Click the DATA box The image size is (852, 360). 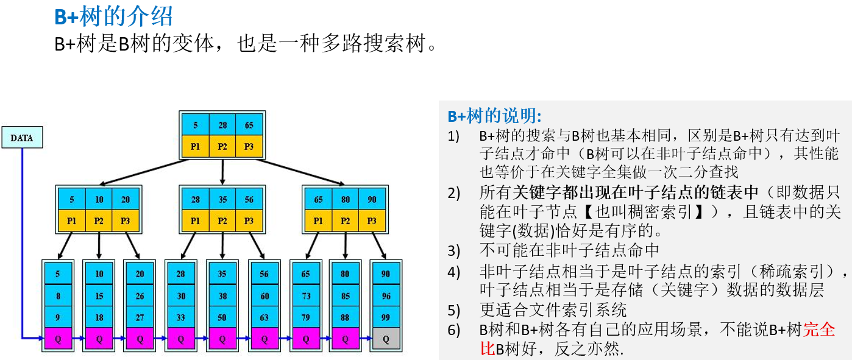22,138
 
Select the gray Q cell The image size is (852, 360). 385,339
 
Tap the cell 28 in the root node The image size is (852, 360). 223,125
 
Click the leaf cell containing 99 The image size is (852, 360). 385,317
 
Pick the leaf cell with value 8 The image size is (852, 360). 58,296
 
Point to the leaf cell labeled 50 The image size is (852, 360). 222,317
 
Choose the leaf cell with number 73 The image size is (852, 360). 305,296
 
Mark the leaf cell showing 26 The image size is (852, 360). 140,296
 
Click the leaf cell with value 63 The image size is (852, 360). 264,317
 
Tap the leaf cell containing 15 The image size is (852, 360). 99,296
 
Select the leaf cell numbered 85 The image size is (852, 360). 346,296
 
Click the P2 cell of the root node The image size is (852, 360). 223,146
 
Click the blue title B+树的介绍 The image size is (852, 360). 114,17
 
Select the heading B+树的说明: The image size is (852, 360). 494,116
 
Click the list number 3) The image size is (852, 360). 453,250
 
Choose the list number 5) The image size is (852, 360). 453,310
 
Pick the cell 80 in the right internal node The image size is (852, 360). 346,199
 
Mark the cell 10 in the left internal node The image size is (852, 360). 99,199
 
